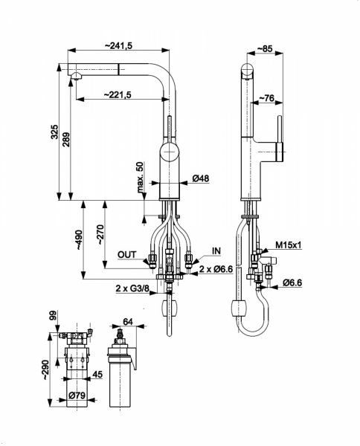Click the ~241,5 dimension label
click(x=119, y=45)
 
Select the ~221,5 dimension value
click(x=117, y=94)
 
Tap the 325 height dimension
click(x=54, y=132)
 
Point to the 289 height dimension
click(x=66, y=140)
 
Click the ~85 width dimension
click(x=265, y=48)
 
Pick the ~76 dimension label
click(x=267, y=98)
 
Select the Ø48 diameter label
click(x=201, y=178)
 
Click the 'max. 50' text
click(x=141, y=177)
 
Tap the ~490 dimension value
click(x=78, y=240)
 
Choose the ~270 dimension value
click(x=100, y=235)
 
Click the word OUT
click(x=127, y=255)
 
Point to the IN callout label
click(x=216, y=251)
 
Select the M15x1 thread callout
click(x=289, y=245)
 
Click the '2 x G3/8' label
click(x=132, y=288)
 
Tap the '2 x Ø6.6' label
click(x=216, y=269)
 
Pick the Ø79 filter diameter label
click(x=77, y=395)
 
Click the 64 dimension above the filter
click(x=128, y=322)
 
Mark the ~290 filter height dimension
click(x=45, y=369)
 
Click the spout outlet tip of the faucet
click(x=77, y=77)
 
